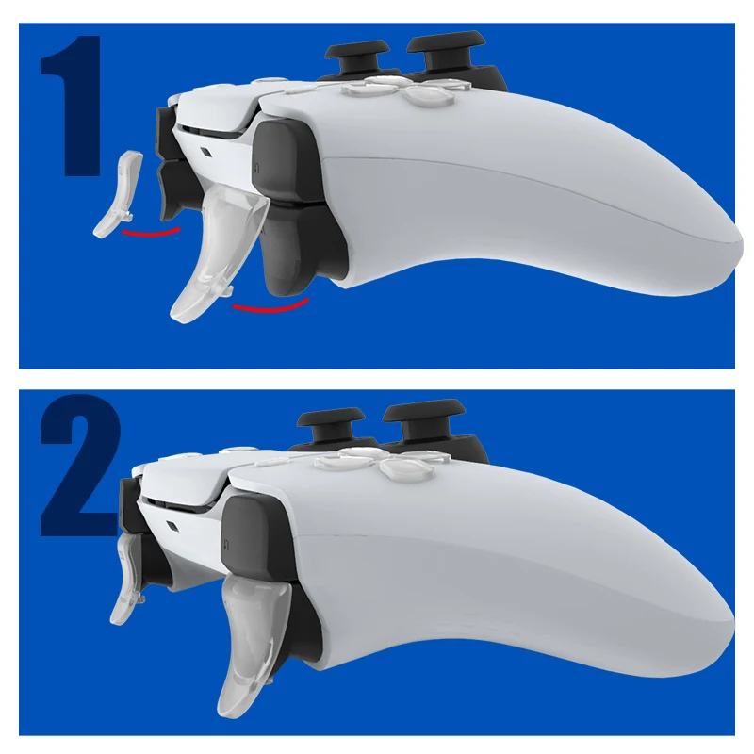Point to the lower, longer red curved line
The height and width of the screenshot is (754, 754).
[271, 306]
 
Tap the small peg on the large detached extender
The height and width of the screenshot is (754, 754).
[229, 300]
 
